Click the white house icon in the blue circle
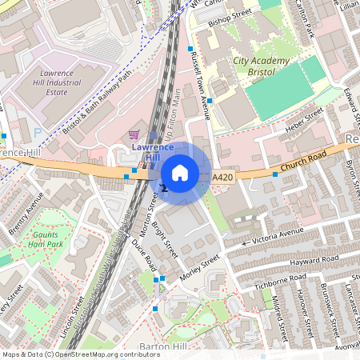click(x=180, y=173)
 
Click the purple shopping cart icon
click(x=134, y=134)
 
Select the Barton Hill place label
click(x=162, y=346)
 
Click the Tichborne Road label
click(x=277, y=279)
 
